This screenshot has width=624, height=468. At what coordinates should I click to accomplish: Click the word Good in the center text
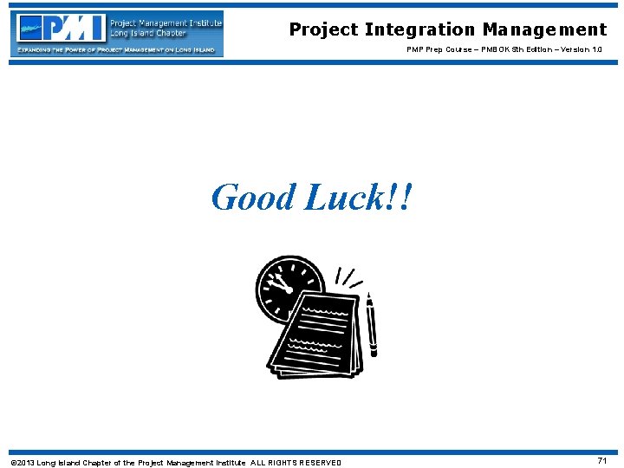(254, 198)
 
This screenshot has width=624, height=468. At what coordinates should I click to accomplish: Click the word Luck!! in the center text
(358, 198)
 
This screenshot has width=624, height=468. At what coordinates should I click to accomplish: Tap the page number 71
(602, 461)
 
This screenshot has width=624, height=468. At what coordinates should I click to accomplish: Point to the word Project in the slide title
(323, 29)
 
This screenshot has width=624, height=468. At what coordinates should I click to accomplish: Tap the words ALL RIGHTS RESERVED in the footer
(296, 463)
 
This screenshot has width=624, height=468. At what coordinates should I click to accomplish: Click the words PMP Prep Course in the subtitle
(439, 49)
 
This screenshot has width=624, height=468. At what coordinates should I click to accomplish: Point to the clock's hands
(279, 283)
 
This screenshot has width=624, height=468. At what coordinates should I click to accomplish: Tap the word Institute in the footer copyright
(227, 463)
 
